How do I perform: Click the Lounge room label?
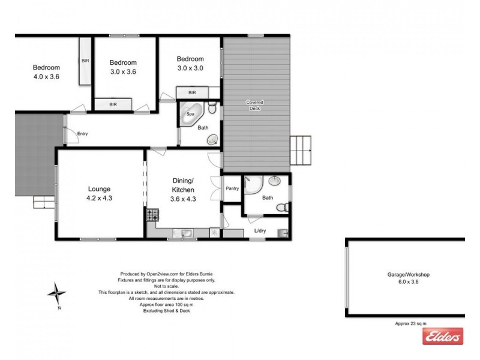pyautogui.click(x=100, y=188)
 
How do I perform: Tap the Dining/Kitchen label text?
pyautogui.click(x=183, y=185)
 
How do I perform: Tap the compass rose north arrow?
pyautogui.click(x=56, y=293)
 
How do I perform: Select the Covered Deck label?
pyautogui.click(x=255, y=106)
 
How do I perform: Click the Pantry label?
pyautogui.click(x=232, y=189)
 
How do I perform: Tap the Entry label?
pyautogui.click(x=82, y=133)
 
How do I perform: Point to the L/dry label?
pyautogui.click(x=260, y=230)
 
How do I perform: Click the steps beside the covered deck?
pyautogui.click(x=302, y=150)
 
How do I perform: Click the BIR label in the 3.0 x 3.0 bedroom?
pyautogui.click(x=192, y=93)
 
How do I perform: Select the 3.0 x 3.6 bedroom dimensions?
pyautogui.click(x=123, y=71)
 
